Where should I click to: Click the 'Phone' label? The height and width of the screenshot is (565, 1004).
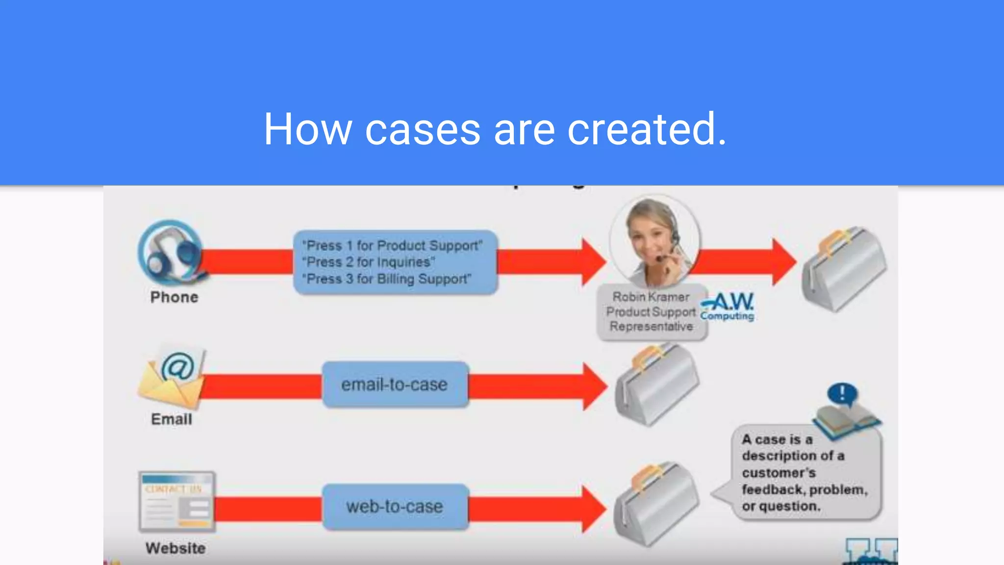tap(174, 297)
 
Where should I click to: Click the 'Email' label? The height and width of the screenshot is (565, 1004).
tap(172, 419)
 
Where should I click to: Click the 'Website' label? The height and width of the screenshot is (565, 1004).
tap(176, 548)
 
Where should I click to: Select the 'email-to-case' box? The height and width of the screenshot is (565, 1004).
tap(395, 385)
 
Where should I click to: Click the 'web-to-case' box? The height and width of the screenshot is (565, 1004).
tap(395, 506)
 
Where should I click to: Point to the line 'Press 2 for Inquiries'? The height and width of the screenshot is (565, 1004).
tap(369, 262)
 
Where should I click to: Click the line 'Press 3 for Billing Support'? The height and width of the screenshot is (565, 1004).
tap(387, 279)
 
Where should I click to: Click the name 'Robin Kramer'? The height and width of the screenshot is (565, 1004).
tap(651, 297)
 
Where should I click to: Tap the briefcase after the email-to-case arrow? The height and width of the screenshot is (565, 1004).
tap(657, 385)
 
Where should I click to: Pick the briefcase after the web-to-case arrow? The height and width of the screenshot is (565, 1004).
tap(656, 504)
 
